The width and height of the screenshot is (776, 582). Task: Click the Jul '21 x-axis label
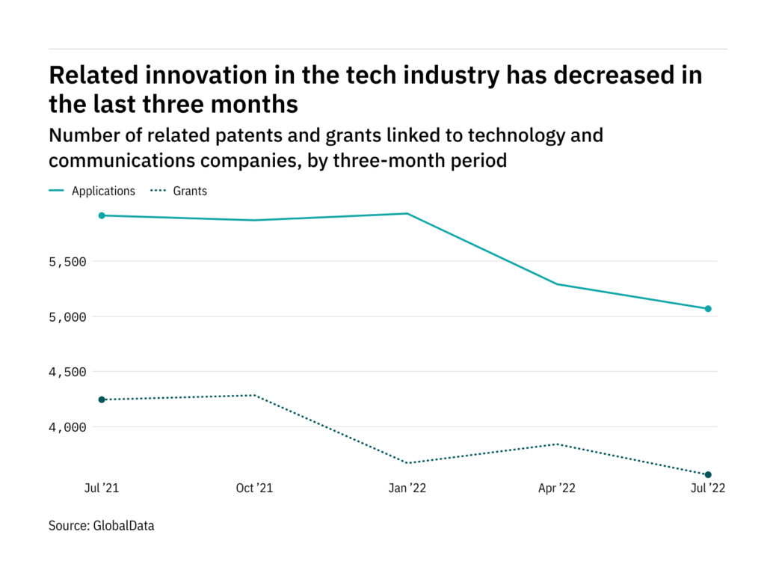(102, 488)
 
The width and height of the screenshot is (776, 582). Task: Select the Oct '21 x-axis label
(254, 488)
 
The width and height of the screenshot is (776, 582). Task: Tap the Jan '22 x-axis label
(407, 488)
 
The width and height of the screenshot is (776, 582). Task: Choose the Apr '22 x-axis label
(557, 488)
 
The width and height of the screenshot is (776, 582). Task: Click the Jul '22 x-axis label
(707, 488)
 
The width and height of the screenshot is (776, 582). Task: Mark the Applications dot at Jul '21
(102, 215)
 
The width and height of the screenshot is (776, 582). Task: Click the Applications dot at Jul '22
(708, 308)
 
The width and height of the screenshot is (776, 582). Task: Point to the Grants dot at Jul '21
(102, 399)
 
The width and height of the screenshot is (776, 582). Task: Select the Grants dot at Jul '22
(708, 474)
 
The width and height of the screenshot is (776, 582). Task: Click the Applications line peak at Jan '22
(407, 214)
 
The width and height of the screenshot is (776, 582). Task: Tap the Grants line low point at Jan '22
(407, 463)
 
